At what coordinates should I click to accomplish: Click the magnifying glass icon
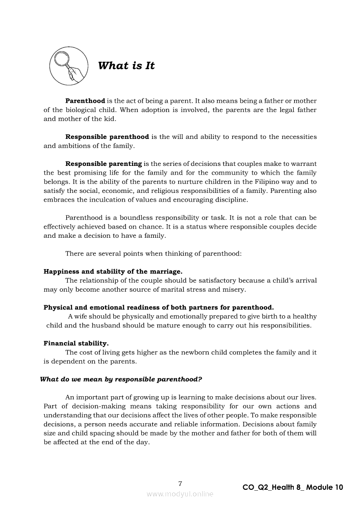pyautogui.click(x=68, y=66)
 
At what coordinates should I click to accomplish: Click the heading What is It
pyautogui.click(x=126, y=66)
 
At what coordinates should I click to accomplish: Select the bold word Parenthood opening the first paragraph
pyautogui.click(x=85, y=101)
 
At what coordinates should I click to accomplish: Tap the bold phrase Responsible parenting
pyautogui.click(x=103, y=164)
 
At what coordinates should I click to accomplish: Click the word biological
pyautogui.click(x=83, y=110)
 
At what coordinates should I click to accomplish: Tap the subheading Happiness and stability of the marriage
pyautogui.click(x=113, y=271)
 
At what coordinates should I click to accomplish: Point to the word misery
pyautogui.click(x=235, y=290)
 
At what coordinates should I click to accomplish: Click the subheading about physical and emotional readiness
pyautogui.click(x=159, y=307)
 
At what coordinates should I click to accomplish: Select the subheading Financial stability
pyautogui.click(x=76, y=343)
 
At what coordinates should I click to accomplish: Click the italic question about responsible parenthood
pyautogui.click(x=121, y=379)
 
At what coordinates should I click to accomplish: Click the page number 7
pyautogui.click(x=180, y=484)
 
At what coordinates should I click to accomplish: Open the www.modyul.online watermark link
pyautogui.click(x=180, y=494)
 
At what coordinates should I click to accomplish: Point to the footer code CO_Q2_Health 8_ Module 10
pyautogui.click(x=293, y=488)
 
